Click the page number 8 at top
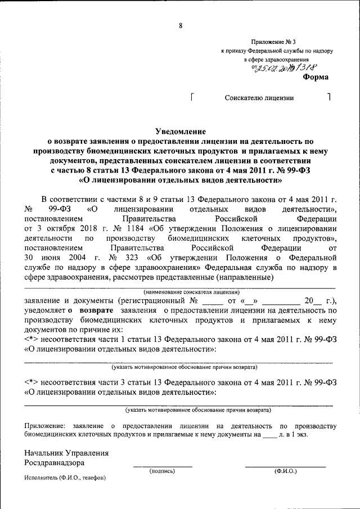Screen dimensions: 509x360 pyautogui.click(x=181, y=25)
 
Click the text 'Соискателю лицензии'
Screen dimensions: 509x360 pyautogui.click(x=259, y=97)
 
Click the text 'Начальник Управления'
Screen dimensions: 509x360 pyautogui.click(x=66, y=453)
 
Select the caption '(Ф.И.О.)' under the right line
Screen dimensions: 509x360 pyautogui.click(x=285, y=471)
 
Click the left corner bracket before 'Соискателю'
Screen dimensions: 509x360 pyautogui.click(x=193, y=97)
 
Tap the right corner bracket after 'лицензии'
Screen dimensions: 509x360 pyautogui.click(x=328, y=97)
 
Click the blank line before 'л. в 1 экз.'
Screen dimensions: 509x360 pyautogui.click(x=270, y=436)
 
